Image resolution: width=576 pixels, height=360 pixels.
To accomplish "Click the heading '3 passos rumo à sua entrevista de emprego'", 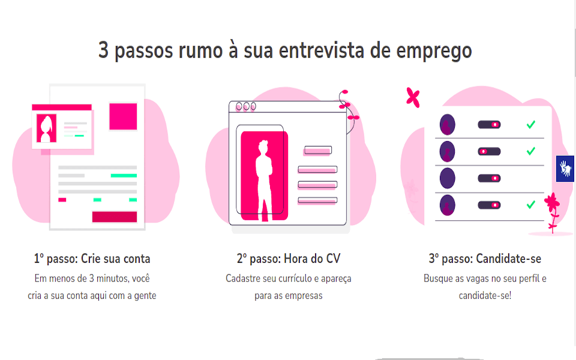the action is click(x=285, y=50).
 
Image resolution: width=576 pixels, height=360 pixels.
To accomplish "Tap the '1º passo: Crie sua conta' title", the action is click(x=92, y=259).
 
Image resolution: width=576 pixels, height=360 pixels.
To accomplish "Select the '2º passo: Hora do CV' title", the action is click(x=289, y=259).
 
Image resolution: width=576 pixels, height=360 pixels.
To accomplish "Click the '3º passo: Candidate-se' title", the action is click(x=485, y=259).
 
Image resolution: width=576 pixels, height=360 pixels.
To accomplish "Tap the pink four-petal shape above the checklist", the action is click(x=412, y=97).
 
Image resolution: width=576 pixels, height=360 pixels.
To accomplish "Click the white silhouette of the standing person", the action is click(x=264, y=177).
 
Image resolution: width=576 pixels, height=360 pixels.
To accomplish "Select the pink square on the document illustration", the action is click(x=123, y=116).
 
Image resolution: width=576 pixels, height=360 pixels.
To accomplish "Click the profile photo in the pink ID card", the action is click(x=46, y=128).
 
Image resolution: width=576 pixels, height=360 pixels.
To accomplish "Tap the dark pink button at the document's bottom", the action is click(x=114, y=217).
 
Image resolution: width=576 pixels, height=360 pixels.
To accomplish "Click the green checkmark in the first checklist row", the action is click(x=530, y=125).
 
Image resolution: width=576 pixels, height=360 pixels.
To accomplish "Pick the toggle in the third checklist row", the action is click(x=489, y=178).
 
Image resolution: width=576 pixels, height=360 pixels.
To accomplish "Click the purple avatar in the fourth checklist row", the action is click(x=447, y=205).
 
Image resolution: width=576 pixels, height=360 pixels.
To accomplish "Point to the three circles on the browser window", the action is click(x=245, y=107).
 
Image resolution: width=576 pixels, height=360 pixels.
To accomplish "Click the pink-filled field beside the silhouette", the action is click(x=317, y=150).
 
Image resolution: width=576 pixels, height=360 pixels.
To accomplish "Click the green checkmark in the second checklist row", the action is click(x=530, y=151).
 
